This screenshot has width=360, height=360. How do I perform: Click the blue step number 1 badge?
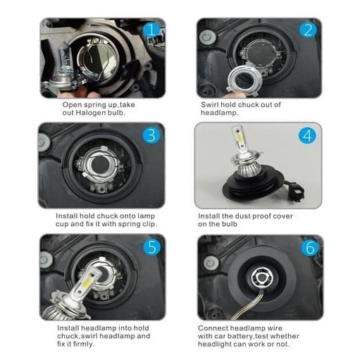151,30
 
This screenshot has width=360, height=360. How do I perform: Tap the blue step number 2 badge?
308,30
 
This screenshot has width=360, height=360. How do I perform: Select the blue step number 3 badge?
151,135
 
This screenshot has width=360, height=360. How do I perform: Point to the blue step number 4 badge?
307,135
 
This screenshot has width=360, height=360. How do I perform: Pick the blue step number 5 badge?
152,247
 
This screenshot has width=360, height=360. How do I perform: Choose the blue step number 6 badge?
310,247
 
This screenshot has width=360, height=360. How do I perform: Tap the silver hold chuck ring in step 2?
242,80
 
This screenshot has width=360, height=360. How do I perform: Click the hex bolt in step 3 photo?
44,142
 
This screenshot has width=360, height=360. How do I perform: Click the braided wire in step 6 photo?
248,306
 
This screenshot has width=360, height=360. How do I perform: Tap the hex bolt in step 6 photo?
210,263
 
